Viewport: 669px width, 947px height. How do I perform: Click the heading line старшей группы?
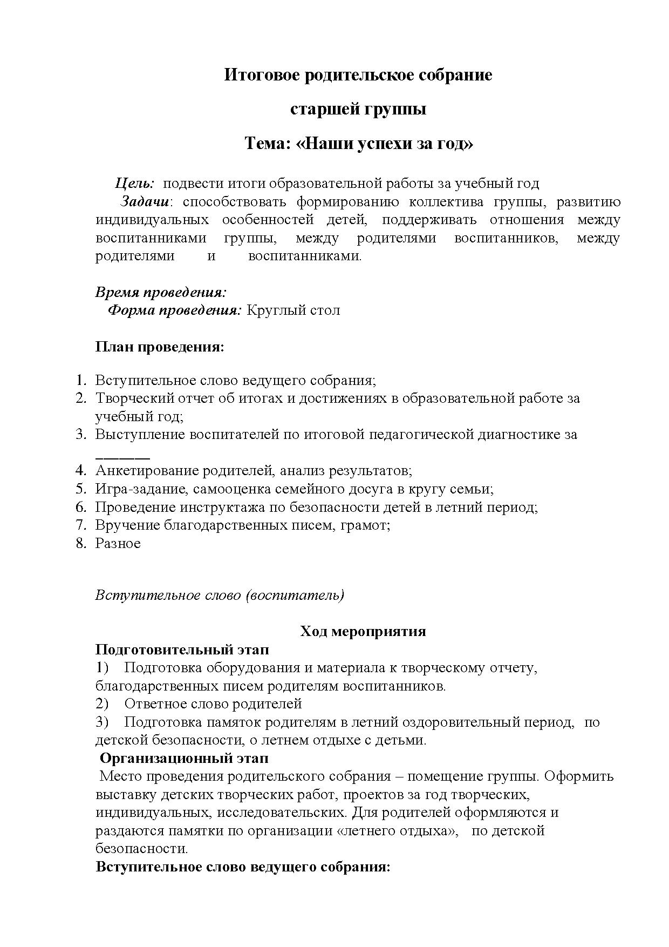pyautogui.click(x=358, y=109)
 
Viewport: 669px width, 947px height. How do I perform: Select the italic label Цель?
pyautogui.click(x=135, y=184)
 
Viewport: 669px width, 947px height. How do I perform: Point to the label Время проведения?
pyautogui.click(x=160, y=293)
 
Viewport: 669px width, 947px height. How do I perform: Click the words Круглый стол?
pyautogui.click(x=293, y=310)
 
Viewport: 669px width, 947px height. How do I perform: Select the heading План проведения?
pyautogui.click(x=159, y=347)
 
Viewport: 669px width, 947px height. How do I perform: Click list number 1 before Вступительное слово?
pyautogui.click(x=80, y=380)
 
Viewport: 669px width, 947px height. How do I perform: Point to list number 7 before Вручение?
pyautogui.click(x=80, y=525)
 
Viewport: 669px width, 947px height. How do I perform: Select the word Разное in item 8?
pyautogui.click(x=118, y=544)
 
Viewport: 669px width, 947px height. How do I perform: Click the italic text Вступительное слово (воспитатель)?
pyautogui.click(x=220, y=596)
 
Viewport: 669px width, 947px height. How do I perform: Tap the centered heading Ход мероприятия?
pyautogui.click(x=363, y=632)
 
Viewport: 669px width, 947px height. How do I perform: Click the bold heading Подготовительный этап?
pyautogui.click(x=182, y=650)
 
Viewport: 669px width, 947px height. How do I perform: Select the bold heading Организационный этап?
pyautogui.click(x=184, y=759)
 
